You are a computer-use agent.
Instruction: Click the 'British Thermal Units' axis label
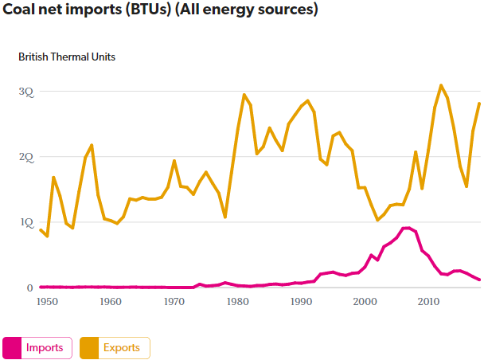67,57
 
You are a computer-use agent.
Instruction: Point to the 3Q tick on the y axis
27,92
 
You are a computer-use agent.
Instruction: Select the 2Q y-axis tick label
27,158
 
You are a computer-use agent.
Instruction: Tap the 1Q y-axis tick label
27,223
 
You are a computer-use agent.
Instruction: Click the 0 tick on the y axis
30,288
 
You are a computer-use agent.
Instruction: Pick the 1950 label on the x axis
47,303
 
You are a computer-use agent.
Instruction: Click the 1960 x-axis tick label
111,303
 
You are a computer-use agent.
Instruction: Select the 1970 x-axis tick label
174,303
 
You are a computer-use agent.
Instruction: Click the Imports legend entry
38,348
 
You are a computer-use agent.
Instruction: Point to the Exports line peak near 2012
441,85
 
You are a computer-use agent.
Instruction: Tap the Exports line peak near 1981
244,95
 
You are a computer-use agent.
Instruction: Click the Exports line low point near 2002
377,220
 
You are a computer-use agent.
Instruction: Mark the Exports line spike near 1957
92,145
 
